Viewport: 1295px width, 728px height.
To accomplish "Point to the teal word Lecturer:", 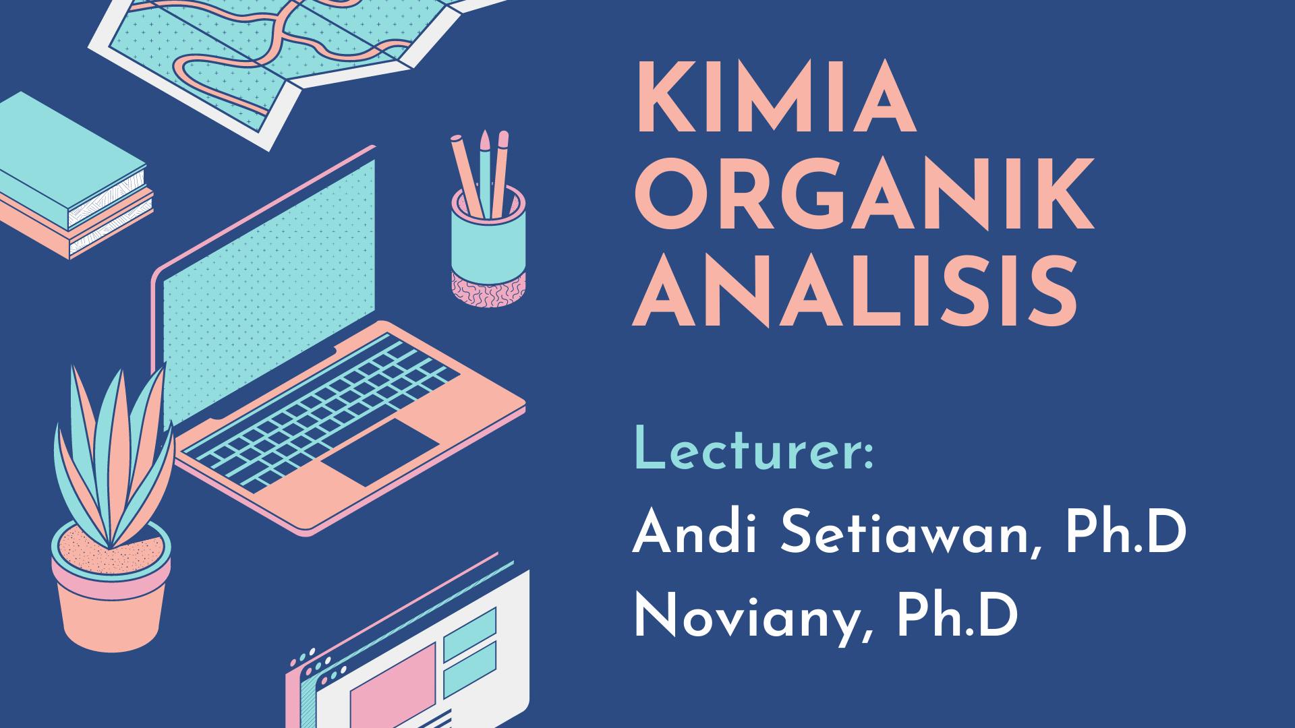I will [x=754, y=449].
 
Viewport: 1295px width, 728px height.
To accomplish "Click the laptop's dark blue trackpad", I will [x=380, y=452].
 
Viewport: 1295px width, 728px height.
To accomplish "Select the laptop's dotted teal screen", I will [x=270, y=290].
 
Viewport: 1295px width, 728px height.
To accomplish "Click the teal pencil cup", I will [x=487, y=246].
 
